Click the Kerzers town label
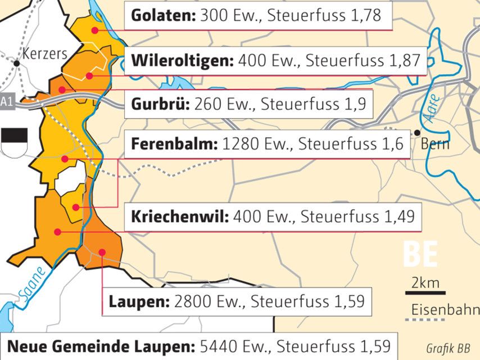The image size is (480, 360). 44,54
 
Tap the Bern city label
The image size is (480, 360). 435,143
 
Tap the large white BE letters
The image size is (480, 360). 420,255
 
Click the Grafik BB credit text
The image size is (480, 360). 448,348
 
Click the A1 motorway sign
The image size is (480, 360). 6,102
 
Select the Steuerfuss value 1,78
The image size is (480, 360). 364,16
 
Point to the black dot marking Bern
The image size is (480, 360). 416,133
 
